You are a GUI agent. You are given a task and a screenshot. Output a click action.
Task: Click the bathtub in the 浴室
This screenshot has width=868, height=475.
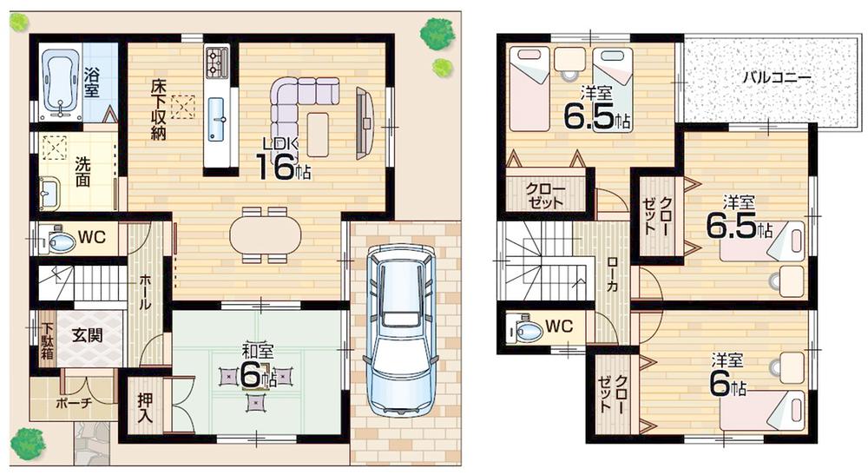point(60,82)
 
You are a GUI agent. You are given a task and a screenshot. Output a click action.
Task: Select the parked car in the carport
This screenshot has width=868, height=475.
point(400,329)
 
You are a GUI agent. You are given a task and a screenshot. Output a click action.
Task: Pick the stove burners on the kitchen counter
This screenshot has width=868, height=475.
point(216,63)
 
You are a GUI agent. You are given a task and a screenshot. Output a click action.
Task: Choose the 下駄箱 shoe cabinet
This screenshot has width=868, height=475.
point(46,342)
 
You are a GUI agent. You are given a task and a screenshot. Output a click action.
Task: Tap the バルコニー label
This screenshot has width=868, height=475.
point(776,78)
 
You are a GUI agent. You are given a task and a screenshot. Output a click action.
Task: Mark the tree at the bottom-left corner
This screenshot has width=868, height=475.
point(28,444)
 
